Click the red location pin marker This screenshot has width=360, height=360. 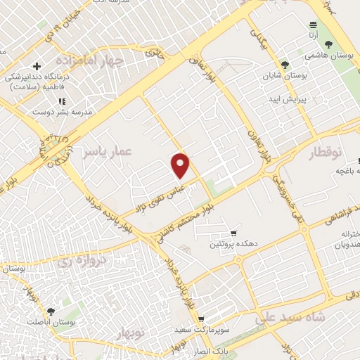click(x=181, y=165)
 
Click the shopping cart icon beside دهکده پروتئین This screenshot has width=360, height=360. click(x=233, y=233)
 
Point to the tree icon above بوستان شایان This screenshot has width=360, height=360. click(x=285, y=64)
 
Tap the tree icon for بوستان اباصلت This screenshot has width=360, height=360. click(x=51, y=311)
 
